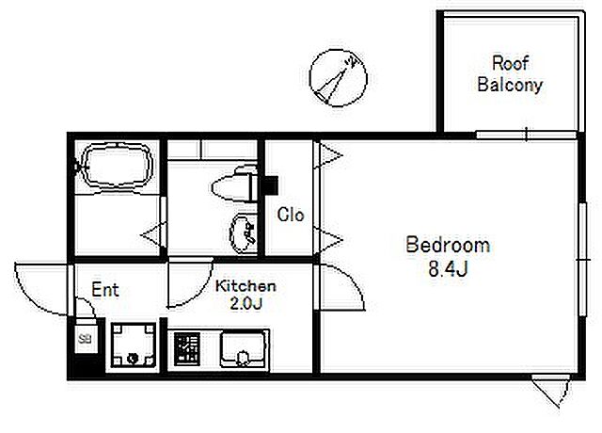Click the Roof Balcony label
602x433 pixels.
[x=510, y=73]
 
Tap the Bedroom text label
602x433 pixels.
[x=448, y=245]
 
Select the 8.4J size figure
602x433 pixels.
[x=448, y=269]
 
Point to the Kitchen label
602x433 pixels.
[x=246, y=286]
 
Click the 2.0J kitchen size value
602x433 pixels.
[x=246, y=304]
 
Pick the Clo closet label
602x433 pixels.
[x=291, y=215]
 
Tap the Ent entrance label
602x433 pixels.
[x=105, y=290]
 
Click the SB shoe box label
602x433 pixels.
[x=85, y=339]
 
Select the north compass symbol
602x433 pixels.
[x=339, y=77]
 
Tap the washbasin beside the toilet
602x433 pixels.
[x=243, y=234]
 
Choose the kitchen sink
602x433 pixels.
[x=243, y=350]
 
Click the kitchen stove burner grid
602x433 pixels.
[x=186, y=349]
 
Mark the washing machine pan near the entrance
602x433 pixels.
[x=134, y=345]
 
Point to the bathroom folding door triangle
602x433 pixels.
[x=153, y=234]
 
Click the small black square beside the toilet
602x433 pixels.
[x=272, y=184]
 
